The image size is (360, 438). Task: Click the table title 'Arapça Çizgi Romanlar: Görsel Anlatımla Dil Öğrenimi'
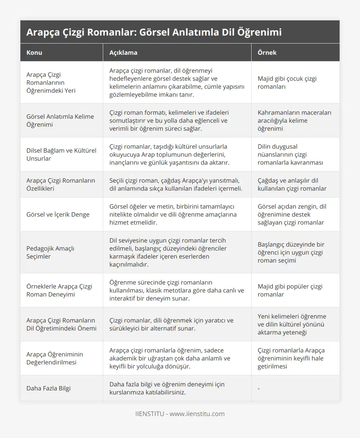click(x=154, y=32)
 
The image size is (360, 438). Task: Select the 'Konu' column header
click(x=34, y=52)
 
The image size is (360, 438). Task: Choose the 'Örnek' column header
click(x=267, y=52)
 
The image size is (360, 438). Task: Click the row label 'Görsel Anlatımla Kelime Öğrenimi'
click(x=60, y=120)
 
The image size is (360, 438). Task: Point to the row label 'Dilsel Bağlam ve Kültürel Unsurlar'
click(x=61, y=154)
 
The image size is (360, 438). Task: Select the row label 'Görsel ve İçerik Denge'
click(x=58, y=214)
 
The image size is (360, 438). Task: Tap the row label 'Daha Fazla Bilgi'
click(x=48, y=388)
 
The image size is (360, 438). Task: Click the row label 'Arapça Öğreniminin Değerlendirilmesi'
click(x=54, y=358)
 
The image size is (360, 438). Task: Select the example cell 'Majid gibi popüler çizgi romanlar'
click(x=290, y=290)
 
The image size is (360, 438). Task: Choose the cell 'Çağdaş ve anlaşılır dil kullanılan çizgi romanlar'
click(x=292, y=184)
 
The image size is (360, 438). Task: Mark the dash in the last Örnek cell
click(x=259, y=388)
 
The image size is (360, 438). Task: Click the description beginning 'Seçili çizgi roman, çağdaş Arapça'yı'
click(x=176, y=184)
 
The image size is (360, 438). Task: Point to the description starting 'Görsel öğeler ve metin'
click(x=173, y=214)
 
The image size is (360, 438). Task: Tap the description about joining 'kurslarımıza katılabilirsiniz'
click(x=167, y=388)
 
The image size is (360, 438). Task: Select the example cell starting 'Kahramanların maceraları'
click(x=294, y=120)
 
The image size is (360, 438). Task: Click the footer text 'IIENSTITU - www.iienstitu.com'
click(x=180, y=414)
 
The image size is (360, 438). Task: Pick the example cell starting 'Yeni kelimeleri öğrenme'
click(x=292, y=324)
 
